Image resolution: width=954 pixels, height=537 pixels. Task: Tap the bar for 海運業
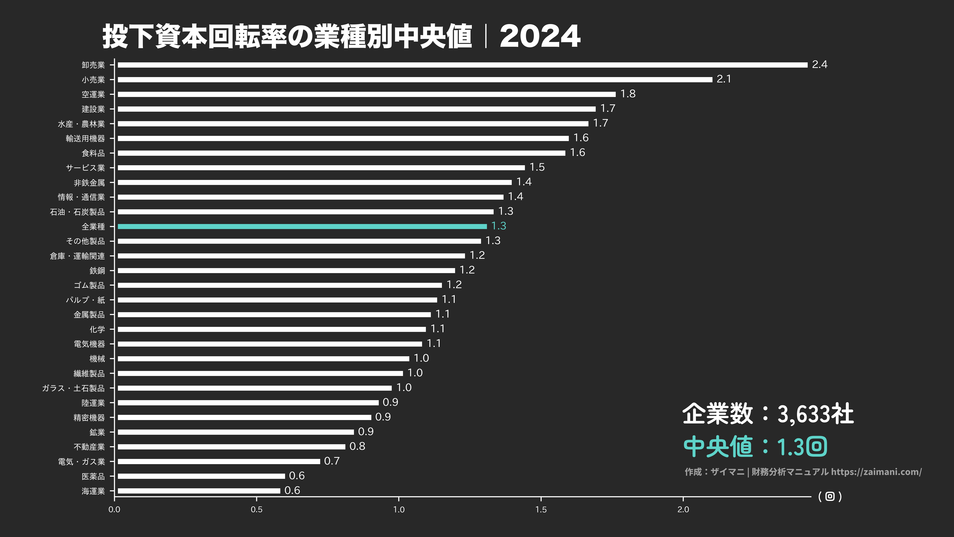[x=199, y=491]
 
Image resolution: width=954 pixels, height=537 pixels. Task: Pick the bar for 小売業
[x=415, y=80]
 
